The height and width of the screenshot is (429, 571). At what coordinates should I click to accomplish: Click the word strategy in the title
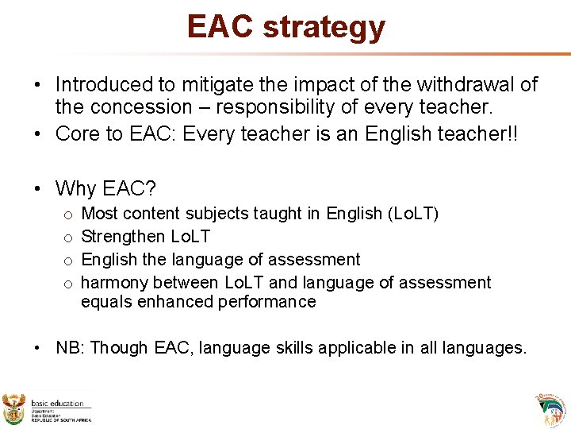[324, 26]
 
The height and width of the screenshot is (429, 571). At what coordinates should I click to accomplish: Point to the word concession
[140, 107]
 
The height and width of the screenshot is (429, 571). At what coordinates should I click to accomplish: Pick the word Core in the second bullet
[75, 133]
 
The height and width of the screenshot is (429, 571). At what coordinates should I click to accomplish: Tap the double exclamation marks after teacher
[512, 133]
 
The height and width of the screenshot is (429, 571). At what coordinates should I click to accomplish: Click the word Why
[75, 188]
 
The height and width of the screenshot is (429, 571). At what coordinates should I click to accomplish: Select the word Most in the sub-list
[100, 214]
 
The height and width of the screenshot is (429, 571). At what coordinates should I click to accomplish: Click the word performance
[270, 302]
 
